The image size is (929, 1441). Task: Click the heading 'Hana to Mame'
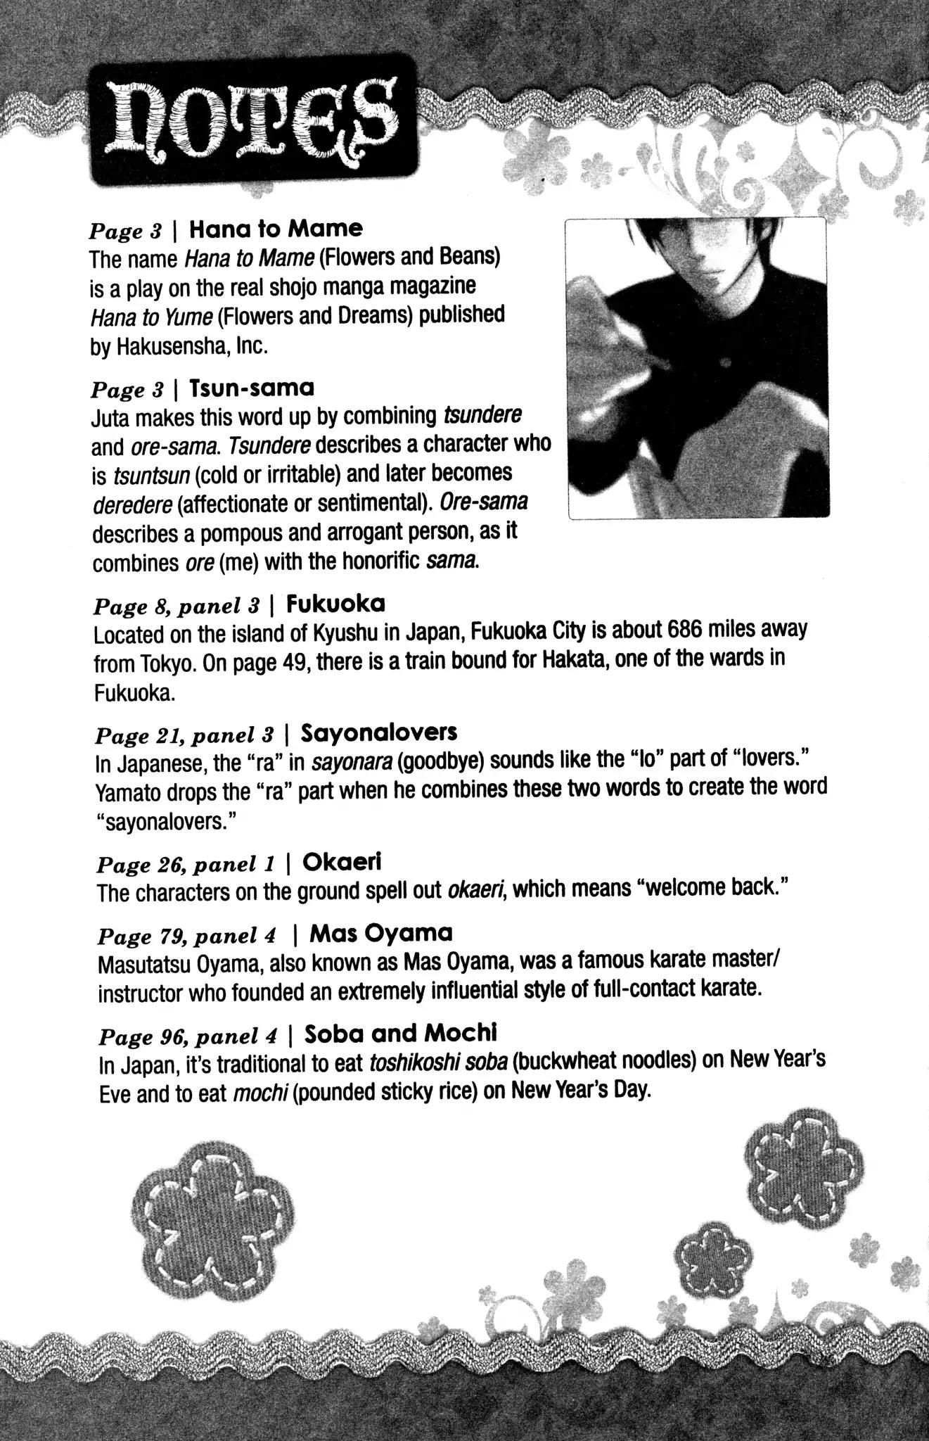pyautogui.click(x=276, y=229)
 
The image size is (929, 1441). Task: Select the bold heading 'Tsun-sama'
pyautogui.click(x=252, y=388)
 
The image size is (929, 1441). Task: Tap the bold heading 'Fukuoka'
pyautogui.click(x=336, y=604)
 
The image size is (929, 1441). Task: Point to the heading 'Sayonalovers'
pyautogui.click(x=379, y=733)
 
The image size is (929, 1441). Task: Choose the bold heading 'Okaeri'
pyautogui.click(x=342, y=862)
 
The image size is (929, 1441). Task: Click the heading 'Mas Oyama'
pyautogui.click(x=381, y=934)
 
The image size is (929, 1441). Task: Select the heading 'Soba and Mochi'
pyautogui.click(x=402, y=1034)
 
